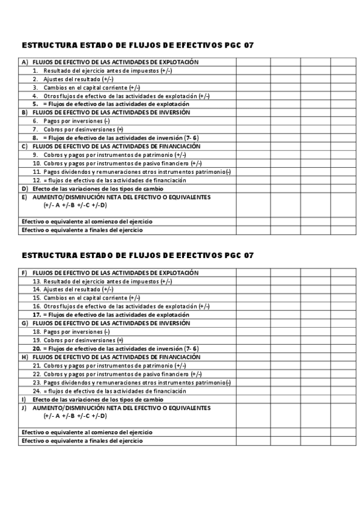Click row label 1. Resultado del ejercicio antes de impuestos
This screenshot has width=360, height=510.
102,70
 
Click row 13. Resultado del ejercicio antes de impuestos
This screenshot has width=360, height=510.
102,281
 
